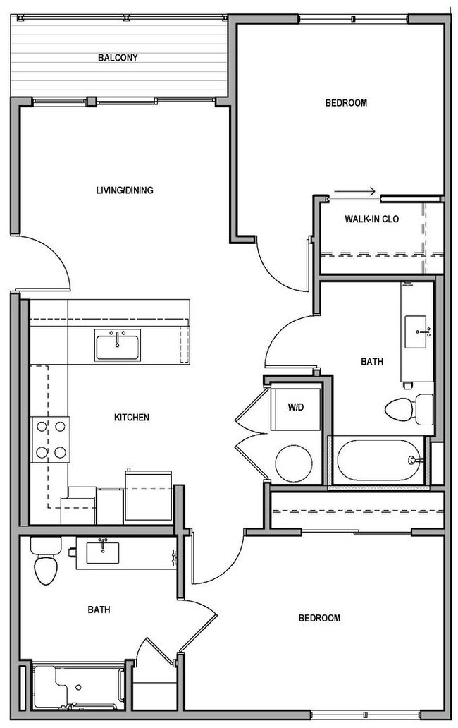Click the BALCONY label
click(117, 58)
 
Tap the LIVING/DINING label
click(125, 190)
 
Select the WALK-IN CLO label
click(371, 219)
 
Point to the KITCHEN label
click(132, 418)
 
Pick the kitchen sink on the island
click(117, 345)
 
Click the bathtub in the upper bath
click(379, 460)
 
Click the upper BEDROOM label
click(346, 103)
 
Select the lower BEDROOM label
click(319, 618)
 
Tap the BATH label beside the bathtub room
click(372, 361)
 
